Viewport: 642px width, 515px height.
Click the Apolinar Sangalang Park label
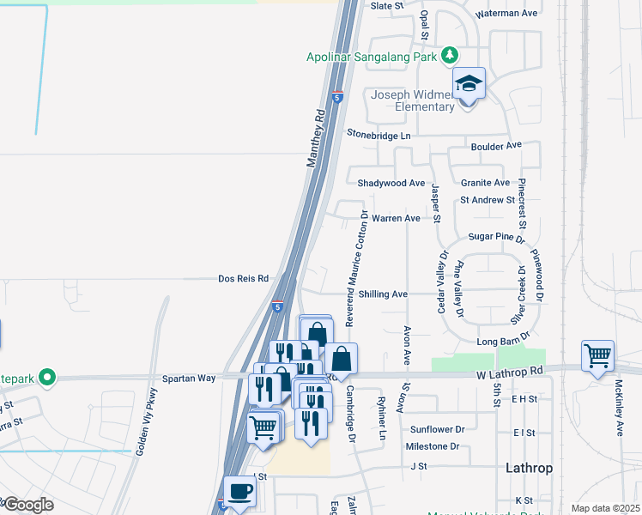(x=372, y=58)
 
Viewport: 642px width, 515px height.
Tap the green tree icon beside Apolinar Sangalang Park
(x=449, y=57)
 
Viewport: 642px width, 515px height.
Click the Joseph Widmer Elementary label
(x=412, y=100)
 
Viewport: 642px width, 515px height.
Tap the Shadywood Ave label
(x=391, y=183)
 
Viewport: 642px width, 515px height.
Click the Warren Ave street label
(x=396, y=218)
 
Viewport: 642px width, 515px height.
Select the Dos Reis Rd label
(x=244, y=279)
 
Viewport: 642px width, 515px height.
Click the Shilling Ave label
(x=383, y=294)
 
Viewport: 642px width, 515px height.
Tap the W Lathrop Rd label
(x=511, y=371)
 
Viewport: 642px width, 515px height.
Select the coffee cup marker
(x=239, y=491)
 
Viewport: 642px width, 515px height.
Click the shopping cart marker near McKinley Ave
(x=597, y=355)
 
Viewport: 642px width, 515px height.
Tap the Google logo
(x=27, y=505)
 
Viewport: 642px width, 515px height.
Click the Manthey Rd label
(x=316, y=138)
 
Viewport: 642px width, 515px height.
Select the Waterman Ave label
(x=506, y=13)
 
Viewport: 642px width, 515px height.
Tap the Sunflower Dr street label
(x=437, y=429)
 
